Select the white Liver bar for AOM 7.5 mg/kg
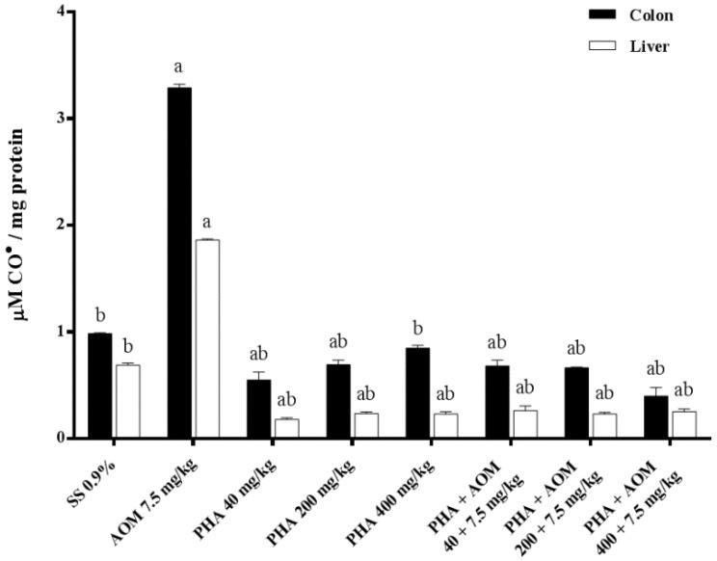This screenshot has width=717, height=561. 206,338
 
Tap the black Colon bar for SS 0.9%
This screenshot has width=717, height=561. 100,386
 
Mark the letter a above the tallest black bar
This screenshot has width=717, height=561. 179,68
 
